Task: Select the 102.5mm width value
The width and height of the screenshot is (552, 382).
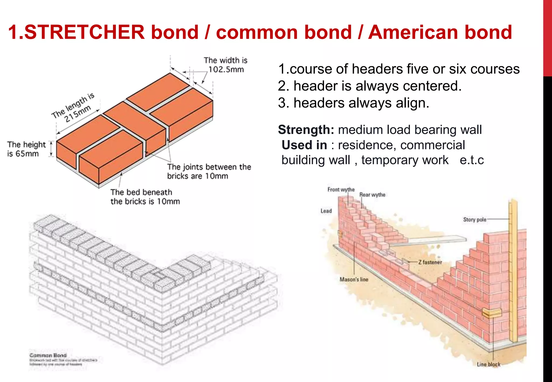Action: tap(226, 70)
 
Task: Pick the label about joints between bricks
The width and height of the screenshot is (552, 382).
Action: tap(209, 171)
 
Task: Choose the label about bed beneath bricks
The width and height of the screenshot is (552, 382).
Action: tap(145, 197)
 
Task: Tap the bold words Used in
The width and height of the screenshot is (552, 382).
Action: tap(304, 145)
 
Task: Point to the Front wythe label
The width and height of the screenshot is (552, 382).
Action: tap(341, 190)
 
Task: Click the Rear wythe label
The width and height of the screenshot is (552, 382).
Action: tap(372, 195)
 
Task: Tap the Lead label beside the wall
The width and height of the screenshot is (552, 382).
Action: tap(326, 211)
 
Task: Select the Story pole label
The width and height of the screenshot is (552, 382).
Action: tap(475, 220)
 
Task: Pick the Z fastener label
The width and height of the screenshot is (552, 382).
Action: tap(430, 262)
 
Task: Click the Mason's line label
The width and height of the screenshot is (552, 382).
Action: tap(354, 280)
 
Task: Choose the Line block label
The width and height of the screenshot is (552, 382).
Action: tap(488, 364)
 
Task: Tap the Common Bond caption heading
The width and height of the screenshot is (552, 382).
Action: tap(48, 355)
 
